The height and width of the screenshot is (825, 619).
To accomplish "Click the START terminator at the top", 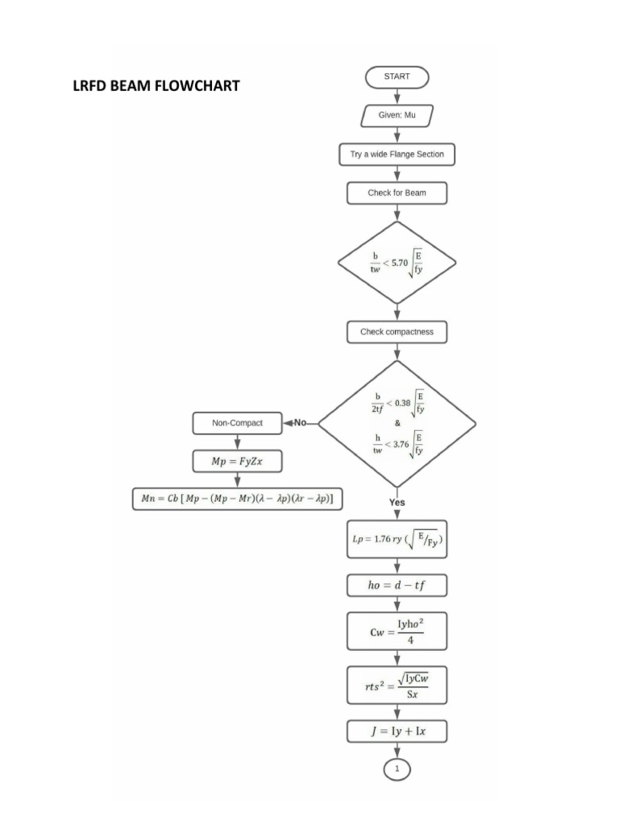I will click(397, 77).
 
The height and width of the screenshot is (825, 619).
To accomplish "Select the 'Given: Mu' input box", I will click(397, 115).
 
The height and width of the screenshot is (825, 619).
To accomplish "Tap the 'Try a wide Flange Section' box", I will click(397, 154).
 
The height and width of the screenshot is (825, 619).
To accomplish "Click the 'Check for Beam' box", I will click(397, 193).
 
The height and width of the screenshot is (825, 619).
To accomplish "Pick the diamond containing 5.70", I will click(397, 263).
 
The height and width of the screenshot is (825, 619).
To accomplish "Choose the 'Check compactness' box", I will click(397, 331).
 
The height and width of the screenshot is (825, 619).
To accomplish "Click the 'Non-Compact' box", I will click(238, 422).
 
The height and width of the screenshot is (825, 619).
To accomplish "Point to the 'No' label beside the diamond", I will click(301, 422).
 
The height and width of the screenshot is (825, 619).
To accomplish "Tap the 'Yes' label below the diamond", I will click(397, 502).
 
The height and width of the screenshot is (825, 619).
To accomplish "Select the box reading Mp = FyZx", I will click(238, 461).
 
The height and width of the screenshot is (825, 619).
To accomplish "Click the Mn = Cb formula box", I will click(238, 499).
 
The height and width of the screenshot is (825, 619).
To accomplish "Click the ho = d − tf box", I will click(397, 584).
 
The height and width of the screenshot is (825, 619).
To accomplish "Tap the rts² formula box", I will click(397, 686).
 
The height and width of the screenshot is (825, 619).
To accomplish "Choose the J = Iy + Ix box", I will click(397, 732).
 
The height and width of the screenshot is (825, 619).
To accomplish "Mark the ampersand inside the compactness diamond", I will click(397, 422).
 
